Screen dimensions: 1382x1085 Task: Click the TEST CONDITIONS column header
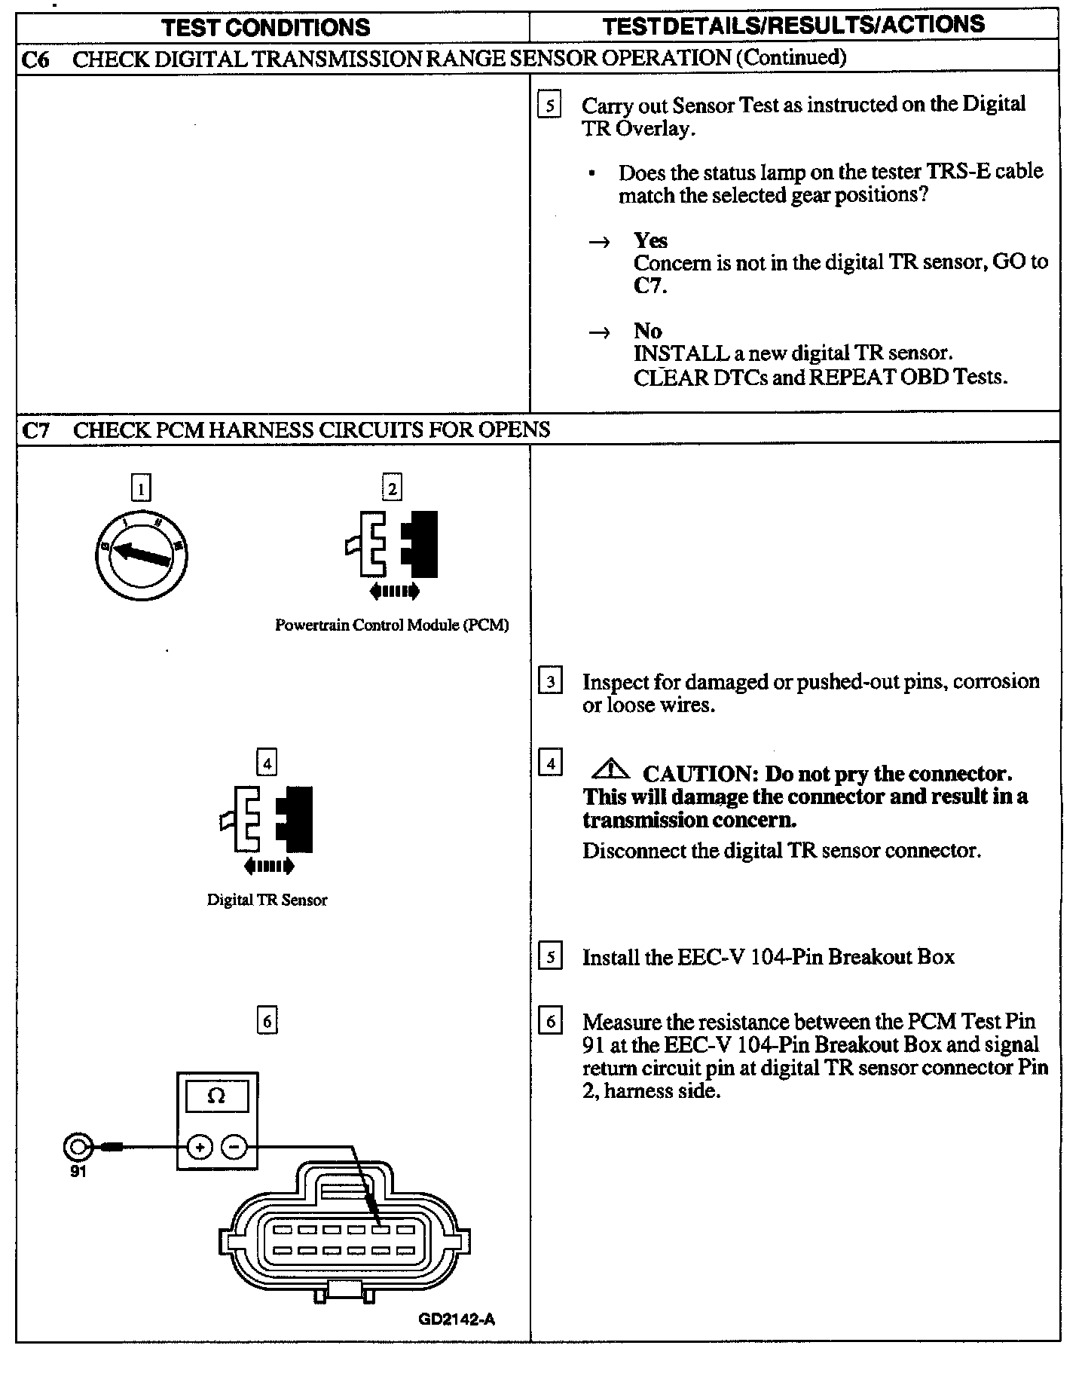[x=266, y=28]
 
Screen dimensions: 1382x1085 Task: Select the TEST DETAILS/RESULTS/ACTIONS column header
[x=793, y=25]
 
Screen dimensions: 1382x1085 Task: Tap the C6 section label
[x=35, y=59]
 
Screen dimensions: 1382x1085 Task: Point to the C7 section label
[x=35, y=430]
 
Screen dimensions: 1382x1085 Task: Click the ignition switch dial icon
[x=141, y=555]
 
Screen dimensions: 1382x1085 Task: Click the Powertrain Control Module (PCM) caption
[x=392, y=625]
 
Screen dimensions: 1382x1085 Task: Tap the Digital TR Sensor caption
[x=267, y=900]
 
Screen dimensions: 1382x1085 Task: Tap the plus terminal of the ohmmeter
[x=200, y=1148]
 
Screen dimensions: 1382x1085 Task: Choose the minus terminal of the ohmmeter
[x=234, y=1148]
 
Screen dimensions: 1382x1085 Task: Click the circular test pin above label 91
[x=78, y=1148]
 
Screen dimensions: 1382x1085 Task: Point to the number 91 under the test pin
[x=78, y=1173]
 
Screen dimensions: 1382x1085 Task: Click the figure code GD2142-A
[x=457, y=1319]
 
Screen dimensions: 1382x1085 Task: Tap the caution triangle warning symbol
[x=611, y=769]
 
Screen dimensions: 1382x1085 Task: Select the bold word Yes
[x=650, y=240]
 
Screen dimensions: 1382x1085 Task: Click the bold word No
[x=647, y=331]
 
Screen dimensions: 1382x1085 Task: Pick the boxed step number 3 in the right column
[x=551, y=682]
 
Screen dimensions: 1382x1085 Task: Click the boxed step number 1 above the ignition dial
[x=141, y=488]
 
